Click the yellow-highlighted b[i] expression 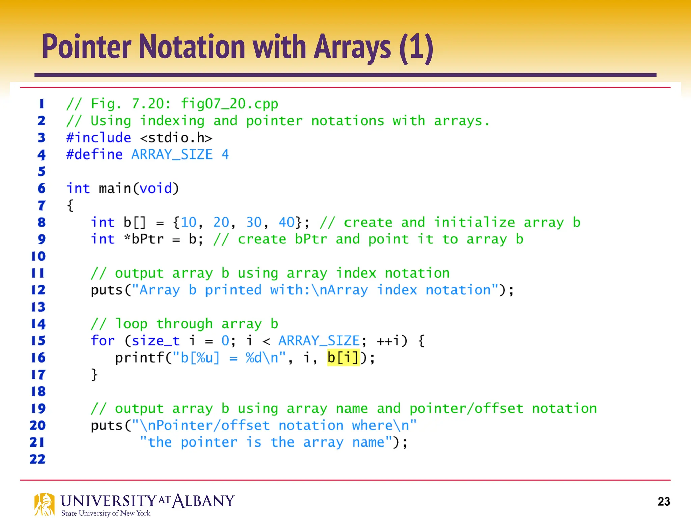(x=343, y=357)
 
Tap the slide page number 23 (x=664, y=501)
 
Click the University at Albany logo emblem (x=44, y=504)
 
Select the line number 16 (x=38, y=357)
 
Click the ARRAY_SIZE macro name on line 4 (x=172, y=154)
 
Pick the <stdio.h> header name (x=176, y=138)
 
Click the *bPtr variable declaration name (x=144, y=239)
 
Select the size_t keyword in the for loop (x=156, y=341)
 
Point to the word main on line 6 (x=114, y=188)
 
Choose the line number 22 (x=37, y=459)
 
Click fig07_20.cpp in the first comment (x=229, y=104)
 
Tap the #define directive (x=94, y=154)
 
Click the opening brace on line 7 (x=70, y=205)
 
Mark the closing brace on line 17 (x=94, y=374)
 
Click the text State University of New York (x=106, y=513)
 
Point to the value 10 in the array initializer (x=188, y=222)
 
